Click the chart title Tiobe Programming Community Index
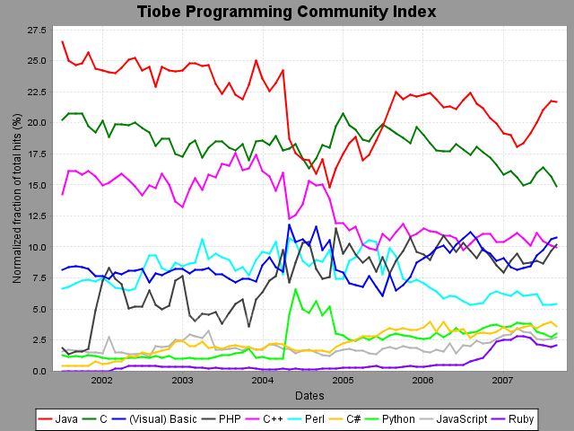coord(287,12)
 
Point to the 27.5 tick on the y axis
coord(39,30)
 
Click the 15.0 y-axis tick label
coord(39,185)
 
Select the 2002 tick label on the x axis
coord(101,380)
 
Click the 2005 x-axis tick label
coord(344,380)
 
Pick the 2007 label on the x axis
coord(504,380)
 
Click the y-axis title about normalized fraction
coord(16,198)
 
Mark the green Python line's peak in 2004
coord(295,289)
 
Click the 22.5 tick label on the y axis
coord(39,92)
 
